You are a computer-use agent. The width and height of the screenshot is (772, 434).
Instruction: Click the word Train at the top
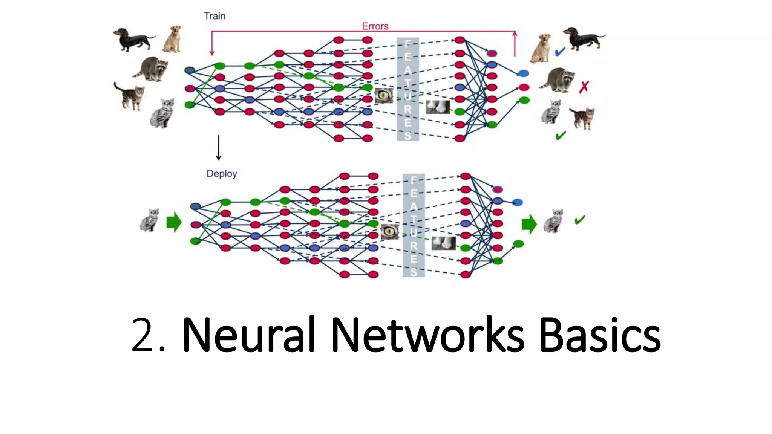pyautogui.click(x=214, y=16)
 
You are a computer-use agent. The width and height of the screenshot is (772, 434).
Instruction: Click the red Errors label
pyautogui.click(x=375, y=26)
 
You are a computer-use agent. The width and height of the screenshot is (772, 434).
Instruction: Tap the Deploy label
pyautogui.click(x=222, y=174)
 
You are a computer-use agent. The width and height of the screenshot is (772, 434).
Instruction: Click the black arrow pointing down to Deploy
pyautogui.click(x=219, y=148)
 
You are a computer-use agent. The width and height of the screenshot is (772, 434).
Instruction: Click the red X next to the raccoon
pyautogui.click(x=584, y=87)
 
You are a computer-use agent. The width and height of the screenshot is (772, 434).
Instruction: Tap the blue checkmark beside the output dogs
pyautogui.click(x=560, y=52)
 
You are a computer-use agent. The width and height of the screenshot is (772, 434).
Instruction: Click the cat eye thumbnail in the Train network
pyautogui.click(x=384, y=96)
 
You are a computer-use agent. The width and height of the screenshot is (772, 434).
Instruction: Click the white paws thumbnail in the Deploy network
pyautogui.click(x=443, y=243)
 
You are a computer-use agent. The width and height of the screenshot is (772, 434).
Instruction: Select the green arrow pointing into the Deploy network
pyautogui.click(x=174, y=222)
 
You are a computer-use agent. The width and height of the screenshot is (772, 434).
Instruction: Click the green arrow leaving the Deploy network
pyautogui.click(x=529, y=224)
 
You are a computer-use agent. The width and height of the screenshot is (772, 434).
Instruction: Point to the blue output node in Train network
pyautogui.click(x=523, y=73)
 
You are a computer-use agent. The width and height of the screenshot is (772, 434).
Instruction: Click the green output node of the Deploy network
pyautogui.click(x=519, y=244)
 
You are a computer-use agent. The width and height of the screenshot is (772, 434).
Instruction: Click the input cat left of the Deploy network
pyautogui.click(x=149, y=220)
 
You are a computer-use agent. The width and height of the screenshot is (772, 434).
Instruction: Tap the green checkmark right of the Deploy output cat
pyautogui.click(x=580, y=220)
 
